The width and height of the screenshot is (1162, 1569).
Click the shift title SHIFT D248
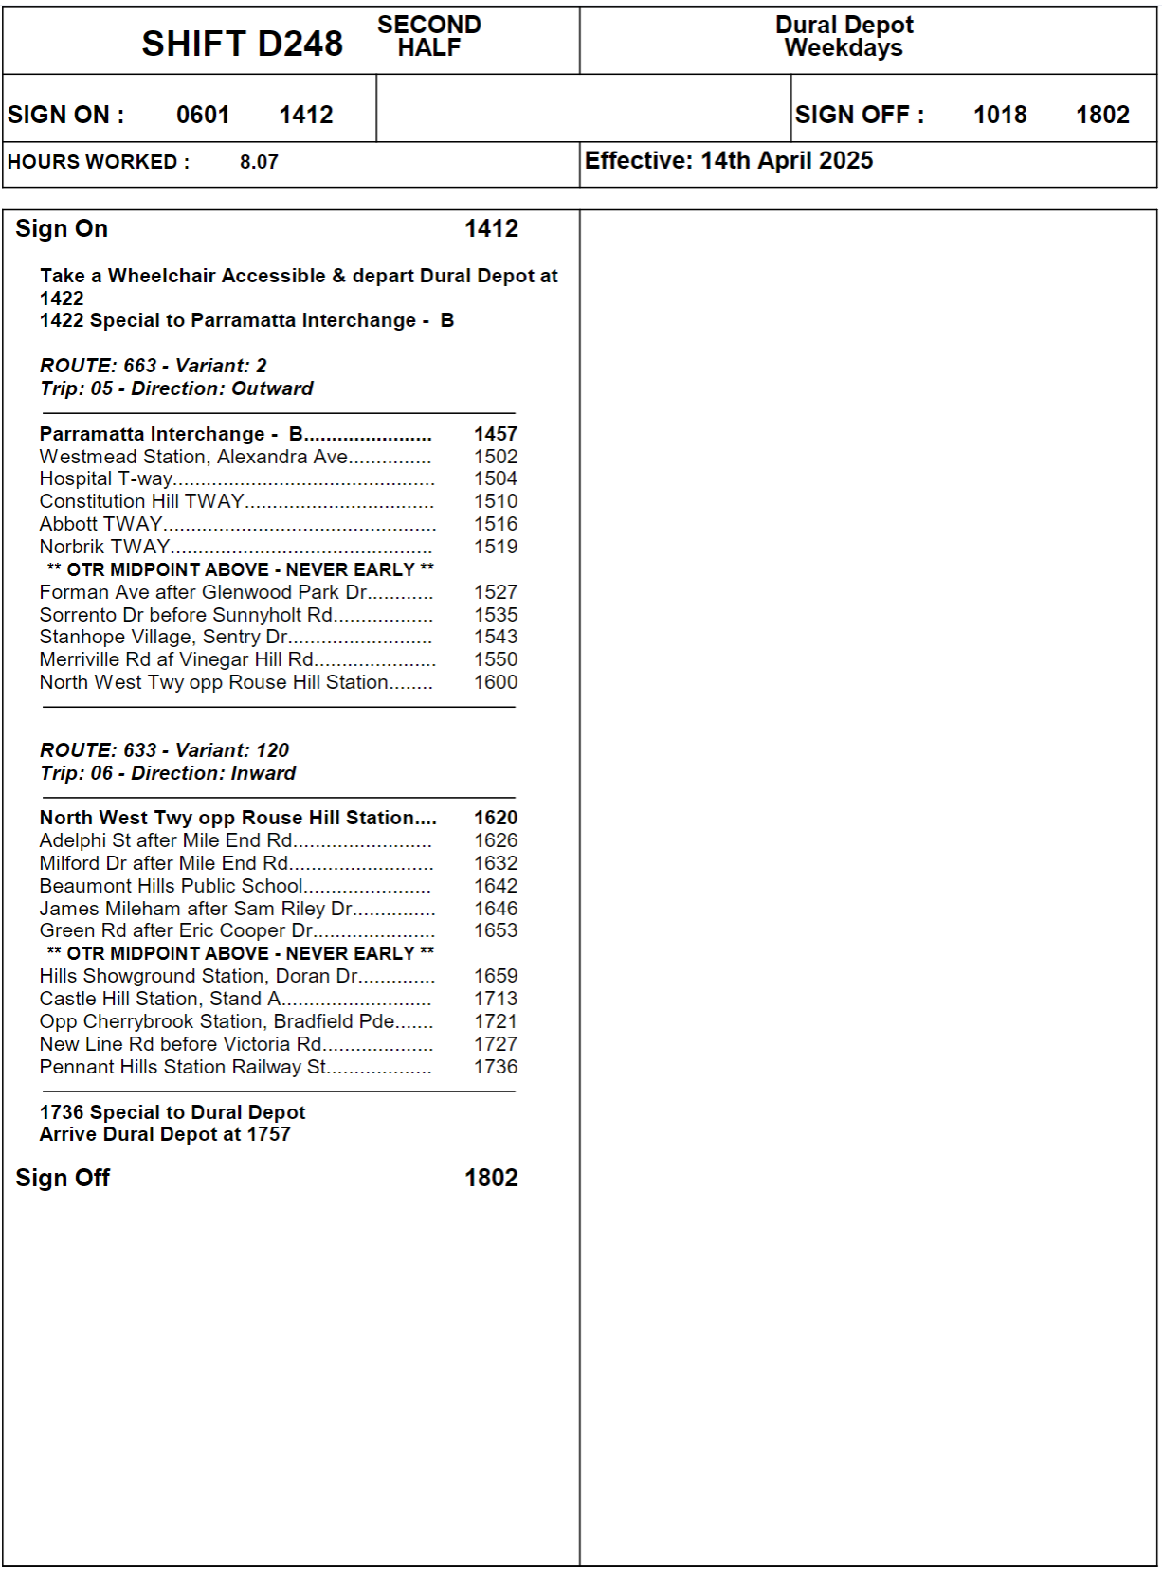242,44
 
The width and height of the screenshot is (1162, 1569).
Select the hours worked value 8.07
259,162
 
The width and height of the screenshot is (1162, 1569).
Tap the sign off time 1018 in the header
1000,115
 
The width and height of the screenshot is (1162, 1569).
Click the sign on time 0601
203,115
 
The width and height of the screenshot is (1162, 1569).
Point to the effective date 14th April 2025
786,161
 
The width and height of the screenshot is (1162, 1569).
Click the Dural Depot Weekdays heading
844,36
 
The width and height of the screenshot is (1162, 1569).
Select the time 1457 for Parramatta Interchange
496,434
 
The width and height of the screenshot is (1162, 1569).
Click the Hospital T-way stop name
106,479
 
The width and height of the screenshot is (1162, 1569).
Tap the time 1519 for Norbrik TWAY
496,547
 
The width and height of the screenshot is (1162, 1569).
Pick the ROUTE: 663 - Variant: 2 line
154,366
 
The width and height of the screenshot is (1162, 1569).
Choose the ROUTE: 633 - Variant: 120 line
164,750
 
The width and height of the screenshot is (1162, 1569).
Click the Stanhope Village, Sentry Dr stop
164,638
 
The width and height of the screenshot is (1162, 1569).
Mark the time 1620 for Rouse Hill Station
496,818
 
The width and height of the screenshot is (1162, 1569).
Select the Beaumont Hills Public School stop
171,886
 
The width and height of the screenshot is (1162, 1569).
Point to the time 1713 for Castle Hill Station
496,999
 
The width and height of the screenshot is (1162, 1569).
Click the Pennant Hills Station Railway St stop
183,1067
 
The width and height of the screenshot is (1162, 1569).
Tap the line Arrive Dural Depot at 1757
165,1134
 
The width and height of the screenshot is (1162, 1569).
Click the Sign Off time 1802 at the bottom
491,1178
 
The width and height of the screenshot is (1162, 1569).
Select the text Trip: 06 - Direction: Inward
168,773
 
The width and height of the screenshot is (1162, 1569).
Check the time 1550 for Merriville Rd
496,659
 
